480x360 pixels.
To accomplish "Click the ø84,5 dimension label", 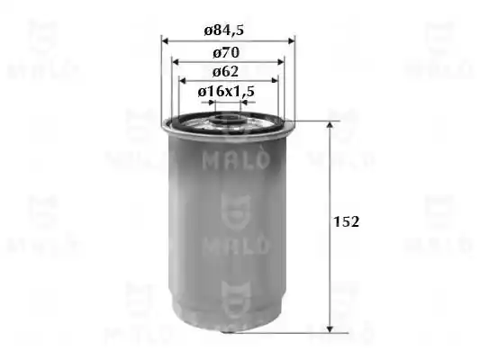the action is [x=223, y=31].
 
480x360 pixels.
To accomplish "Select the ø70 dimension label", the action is [x=226, y=52].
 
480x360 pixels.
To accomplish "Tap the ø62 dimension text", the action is [x=225, y=72].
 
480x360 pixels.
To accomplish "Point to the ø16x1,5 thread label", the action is [x=226, y=91].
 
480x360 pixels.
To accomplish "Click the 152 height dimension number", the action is [x=346, y=221].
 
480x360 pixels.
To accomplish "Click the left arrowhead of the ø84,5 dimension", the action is [x=166, y=40].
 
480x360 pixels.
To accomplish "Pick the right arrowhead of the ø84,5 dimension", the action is [x=291, y=40].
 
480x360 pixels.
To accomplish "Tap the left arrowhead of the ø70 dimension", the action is [x=176, y=62].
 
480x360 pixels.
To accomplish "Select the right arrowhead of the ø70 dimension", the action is [x=280, y=62].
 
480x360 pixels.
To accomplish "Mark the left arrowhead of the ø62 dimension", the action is [x=183, y=81].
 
